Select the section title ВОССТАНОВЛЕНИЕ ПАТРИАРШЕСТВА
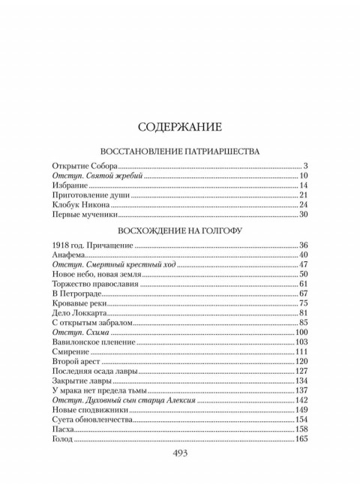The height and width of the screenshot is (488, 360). pyautogui.click(x=180, y=150)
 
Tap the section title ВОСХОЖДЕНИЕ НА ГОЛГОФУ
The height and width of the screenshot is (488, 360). pyautogui.click(x=180, y=230)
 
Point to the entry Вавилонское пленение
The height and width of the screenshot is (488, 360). pyautogui.click(x=94, y=342)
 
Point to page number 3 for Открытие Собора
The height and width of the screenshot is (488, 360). pyautogui.click(x=307, y=164)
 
